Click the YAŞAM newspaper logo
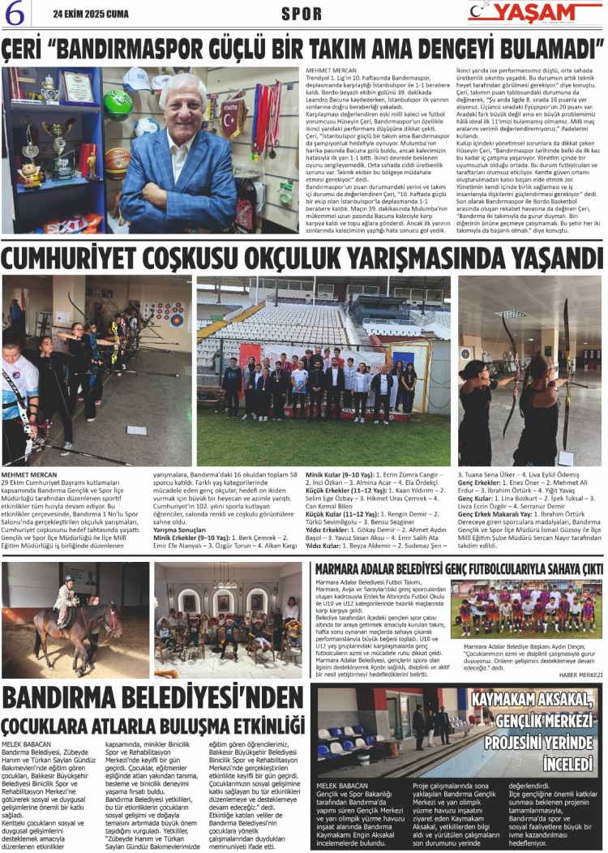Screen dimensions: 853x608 536,13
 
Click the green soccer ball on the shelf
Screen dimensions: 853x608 117,105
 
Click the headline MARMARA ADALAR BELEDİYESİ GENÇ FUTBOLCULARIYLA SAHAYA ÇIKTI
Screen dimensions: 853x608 458,568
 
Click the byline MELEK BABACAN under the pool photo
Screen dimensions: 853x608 341,786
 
